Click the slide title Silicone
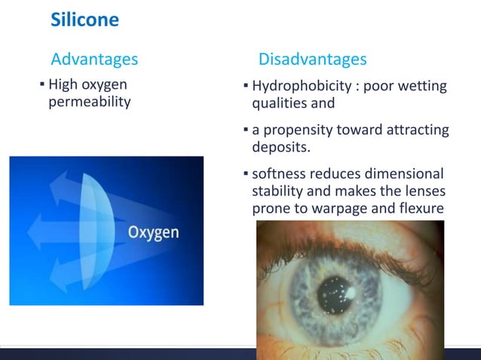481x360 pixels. (84, 20)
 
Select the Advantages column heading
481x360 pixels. (93, 59)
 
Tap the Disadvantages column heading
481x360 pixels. (312, 59)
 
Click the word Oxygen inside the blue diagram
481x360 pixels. (153, 232)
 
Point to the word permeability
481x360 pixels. (89, 102)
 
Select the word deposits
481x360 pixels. (280, 147)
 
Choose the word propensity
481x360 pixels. (299, 131)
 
